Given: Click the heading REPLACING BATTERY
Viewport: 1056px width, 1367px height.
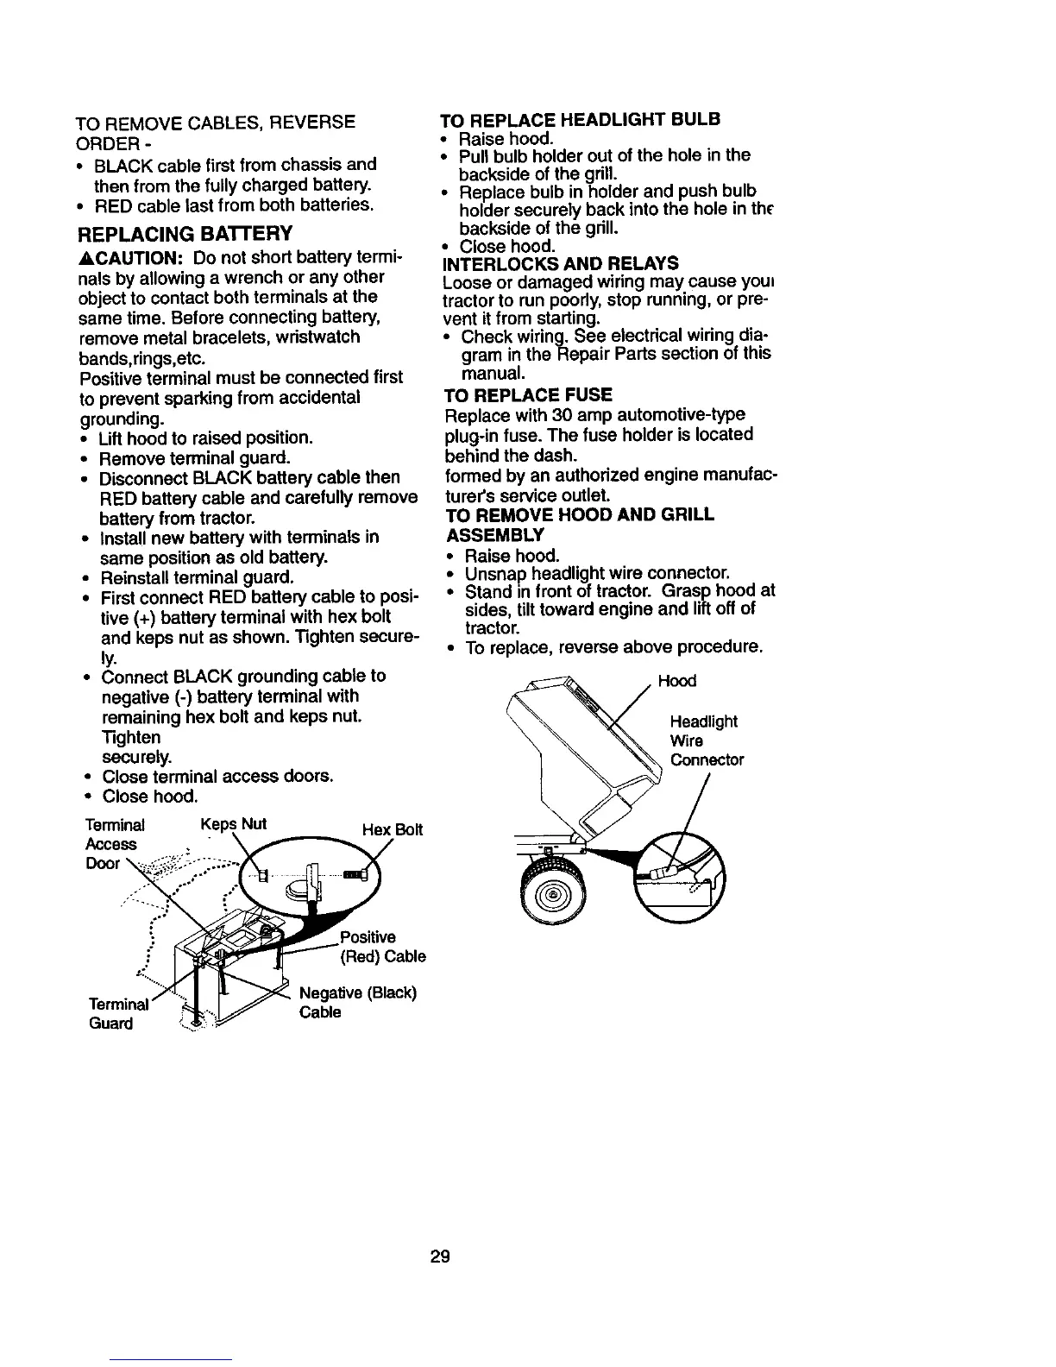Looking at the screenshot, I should pyautogui.click(x=185, y=234).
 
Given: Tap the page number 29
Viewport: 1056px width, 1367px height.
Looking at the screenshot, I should pyautogui.click(x=440, y=1256).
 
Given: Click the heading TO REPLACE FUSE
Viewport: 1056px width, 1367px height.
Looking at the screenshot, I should pyautogui.click(x=527, y=395).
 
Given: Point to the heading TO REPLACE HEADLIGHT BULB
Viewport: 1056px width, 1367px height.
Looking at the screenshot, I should pyautogui.click(x=580, y=118).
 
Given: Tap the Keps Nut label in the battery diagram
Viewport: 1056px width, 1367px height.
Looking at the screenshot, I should pyautogui.click(x=232, y=823).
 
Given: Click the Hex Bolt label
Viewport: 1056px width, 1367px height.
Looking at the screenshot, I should pyautogui.click(x=393, y=830).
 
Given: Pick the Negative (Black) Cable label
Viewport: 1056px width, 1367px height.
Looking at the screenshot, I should pyautogui.click(x=357, y=1002).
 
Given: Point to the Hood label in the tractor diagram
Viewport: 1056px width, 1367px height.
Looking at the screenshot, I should pyautogui.click(x=676, y=681).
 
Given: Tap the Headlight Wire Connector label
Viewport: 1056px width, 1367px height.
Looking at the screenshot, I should pyautogui.click(x=707, y=740).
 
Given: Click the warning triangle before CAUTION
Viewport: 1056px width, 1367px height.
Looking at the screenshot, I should pyautogui.click(x=85, y=258).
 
